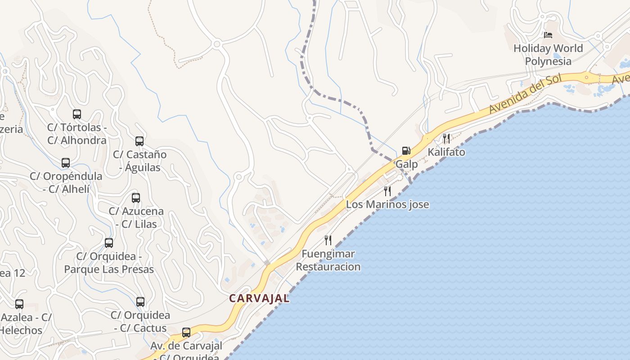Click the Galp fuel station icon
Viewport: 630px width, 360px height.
(406, 151)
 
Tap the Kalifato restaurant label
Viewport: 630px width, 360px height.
(446, 152)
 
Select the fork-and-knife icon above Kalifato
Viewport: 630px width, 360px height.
(446, 138)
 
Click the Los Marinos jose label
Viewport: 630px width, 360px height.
(387, 205)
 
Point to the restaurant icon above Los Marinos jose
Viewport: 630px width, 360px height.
(387, 191)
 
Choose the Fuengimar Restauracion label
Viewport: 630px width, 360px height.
(328, 260)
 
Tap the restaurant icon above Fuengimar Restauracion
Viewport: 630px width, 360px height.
(328, 240)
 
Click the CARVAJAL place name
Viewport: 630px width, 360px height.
(259, 298)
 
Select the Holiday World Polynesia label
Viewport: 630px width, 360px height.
(548, 54)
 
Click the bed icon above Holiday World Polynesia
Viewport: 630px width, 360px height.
(548, 35)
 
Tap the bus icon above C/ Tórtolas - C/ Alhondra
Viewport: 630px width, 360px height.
(77, 114)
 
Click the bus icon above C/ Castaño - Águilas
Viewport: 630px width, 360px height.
(139, 141)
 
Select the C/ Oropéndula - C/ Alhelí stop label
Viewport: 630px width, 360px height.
(66, 182)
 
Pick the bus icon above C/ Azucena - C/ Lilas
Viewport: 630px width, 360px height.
(136, 198)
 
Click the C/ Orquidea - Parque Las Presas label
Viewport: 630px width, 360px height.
(109, 263)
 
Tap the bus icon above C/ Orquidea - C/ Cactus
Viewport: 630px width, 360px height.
(140, 302)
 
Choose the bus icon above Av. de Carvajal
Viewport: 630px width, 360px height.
(186, 333)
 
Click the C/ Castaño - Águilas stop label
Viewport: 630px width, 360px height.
(139, 161)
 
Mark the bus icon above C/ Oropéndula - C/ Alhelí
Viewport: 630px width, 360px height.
(66, 163)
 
